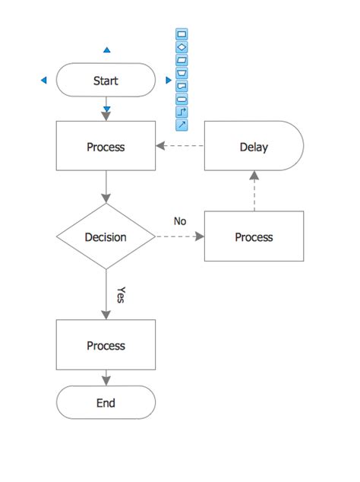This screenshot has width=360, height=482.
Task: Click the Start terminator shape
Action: point(106,81)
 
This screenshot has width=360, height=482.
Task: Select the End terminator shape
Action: point(106,403)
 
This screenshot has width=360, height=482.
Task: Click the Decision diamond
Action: point(106,236)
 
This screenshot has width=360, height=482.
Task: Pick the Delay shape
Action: point(254,147)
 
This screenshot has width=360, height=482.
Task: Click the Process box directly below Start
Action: point(106,147)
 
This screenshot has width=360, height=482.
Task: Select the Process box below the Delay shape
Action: point(254,236)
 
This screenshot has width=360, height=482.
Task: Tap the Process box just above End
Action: point(106,345)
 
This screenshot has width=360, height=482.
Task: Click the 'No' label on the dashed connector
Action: point(180,221)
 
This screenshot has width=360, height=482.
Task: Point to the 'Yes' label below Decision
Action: point(120,295)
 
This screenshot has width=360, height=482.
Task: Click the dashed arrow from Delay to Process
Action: point(181,147)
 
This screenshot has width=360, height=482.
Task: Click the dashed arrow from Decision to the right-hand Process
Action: point(180,236)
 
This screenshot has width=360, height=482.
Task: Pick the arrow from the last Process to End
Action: point(106,378)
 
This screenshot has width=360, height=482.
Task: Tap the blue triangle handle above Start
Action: point(106,50)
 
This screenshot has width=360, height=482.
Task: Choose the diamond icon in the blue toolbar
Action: point(182,47)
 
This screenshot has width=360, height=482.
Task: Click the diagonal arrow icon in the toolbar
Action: point(182,125)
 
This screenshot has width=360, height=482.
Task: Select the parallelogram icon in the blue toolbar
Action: point(182,60)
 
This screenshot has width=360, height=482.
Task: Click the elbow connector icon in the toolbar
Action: point(182,112)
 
